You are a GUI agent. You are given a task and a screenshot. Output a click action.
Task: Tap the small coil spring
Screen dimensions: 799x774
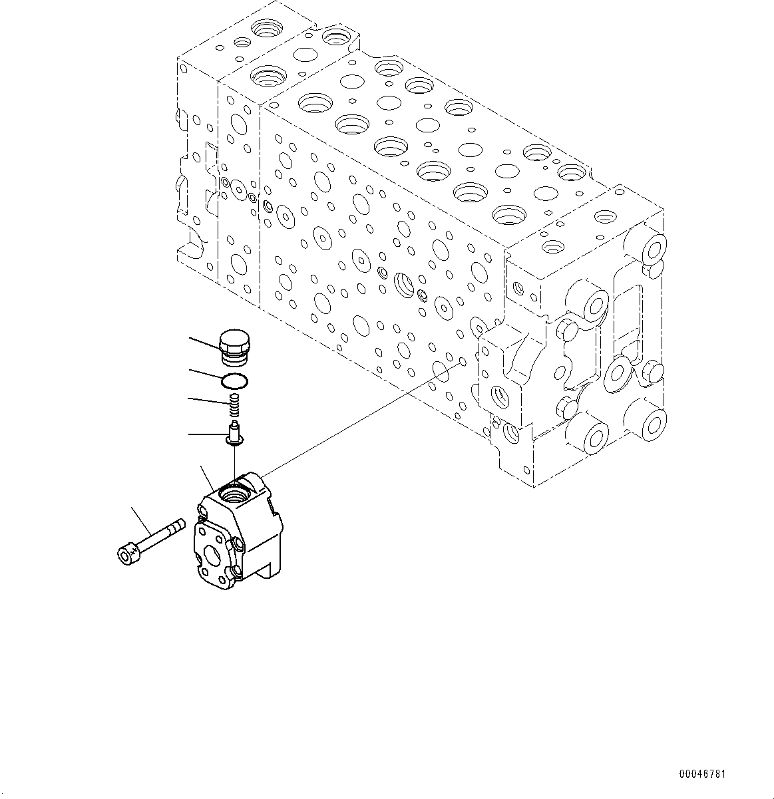click(x=235, y=403)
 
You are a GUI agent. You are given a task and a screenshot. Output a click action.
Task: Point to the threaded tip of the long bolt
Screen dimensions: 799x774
click(x=176, y=527)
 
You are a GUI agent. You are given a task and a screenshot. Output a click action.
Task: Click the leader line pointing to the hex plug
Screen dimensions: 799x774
click(x=203, y=344)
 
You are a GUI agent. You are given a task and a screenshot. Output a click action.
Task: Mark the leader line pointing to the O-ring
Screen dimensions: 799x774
click(x=205, y=375)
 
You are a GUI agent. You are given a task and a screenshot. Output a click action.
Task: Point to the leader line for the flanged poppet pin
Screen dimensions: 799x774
click(x=206, y=434)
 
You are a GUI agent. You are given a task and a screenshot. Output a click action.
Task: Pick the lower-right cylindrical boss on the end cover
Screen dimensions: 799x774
click(x=649, y=420)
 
